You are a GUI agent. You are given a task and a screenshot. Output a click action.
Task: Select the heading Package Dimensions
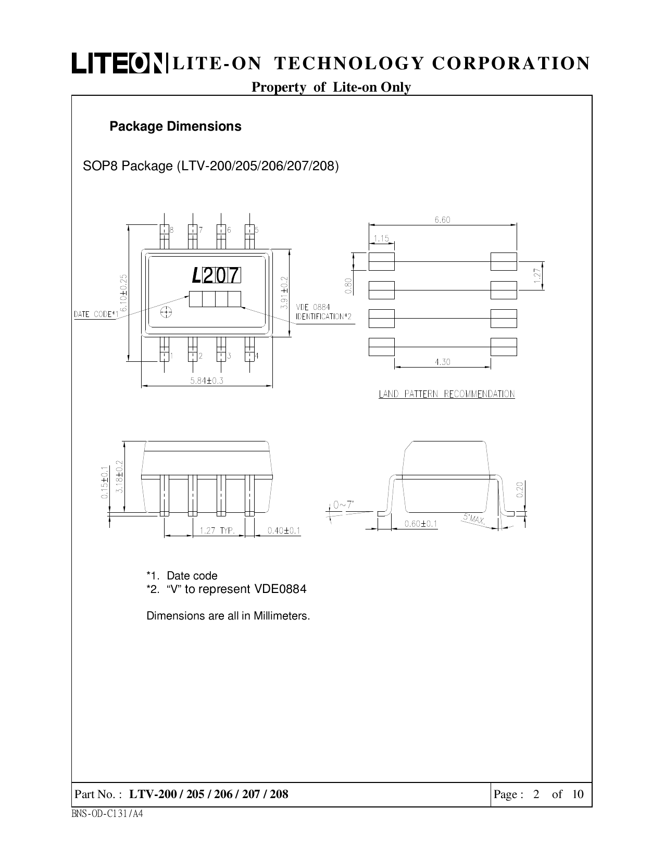pos(175,127)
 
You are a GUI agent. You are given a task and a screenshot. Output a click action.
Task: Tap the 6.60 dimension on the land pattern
pos(442,220)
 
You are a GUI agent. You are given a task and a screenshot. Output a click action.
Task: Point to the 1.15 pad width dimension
pos(381,238)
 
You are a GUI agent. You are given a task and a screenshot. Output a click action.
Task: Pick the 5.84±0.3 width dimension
pos(207,381)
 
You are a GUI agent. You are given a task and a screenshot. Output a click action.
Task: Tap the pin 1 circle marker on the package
pos(166,312)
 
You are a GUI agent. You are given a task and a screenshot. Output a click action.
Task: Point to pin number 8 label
pos(172,230)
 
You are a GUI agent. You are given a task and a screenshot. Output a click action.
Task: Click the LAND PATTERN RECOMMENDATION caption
pos(446,394)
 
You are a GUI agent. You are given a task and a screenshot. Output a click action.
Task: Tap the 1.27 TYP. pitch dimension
pos(217,530)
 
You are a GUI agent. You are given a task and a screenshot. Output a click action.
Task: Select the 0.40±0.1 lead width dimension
pos(284,530)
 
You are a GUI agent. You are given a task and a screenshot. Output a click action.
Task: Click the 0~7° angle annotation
pos(343,504)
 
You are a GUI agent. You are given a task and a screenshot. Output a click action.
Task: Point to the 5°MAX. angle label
pos(474,519)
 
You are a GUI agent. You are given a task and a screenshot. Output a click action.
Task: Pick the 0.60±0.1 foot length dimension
pos(421,523)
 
